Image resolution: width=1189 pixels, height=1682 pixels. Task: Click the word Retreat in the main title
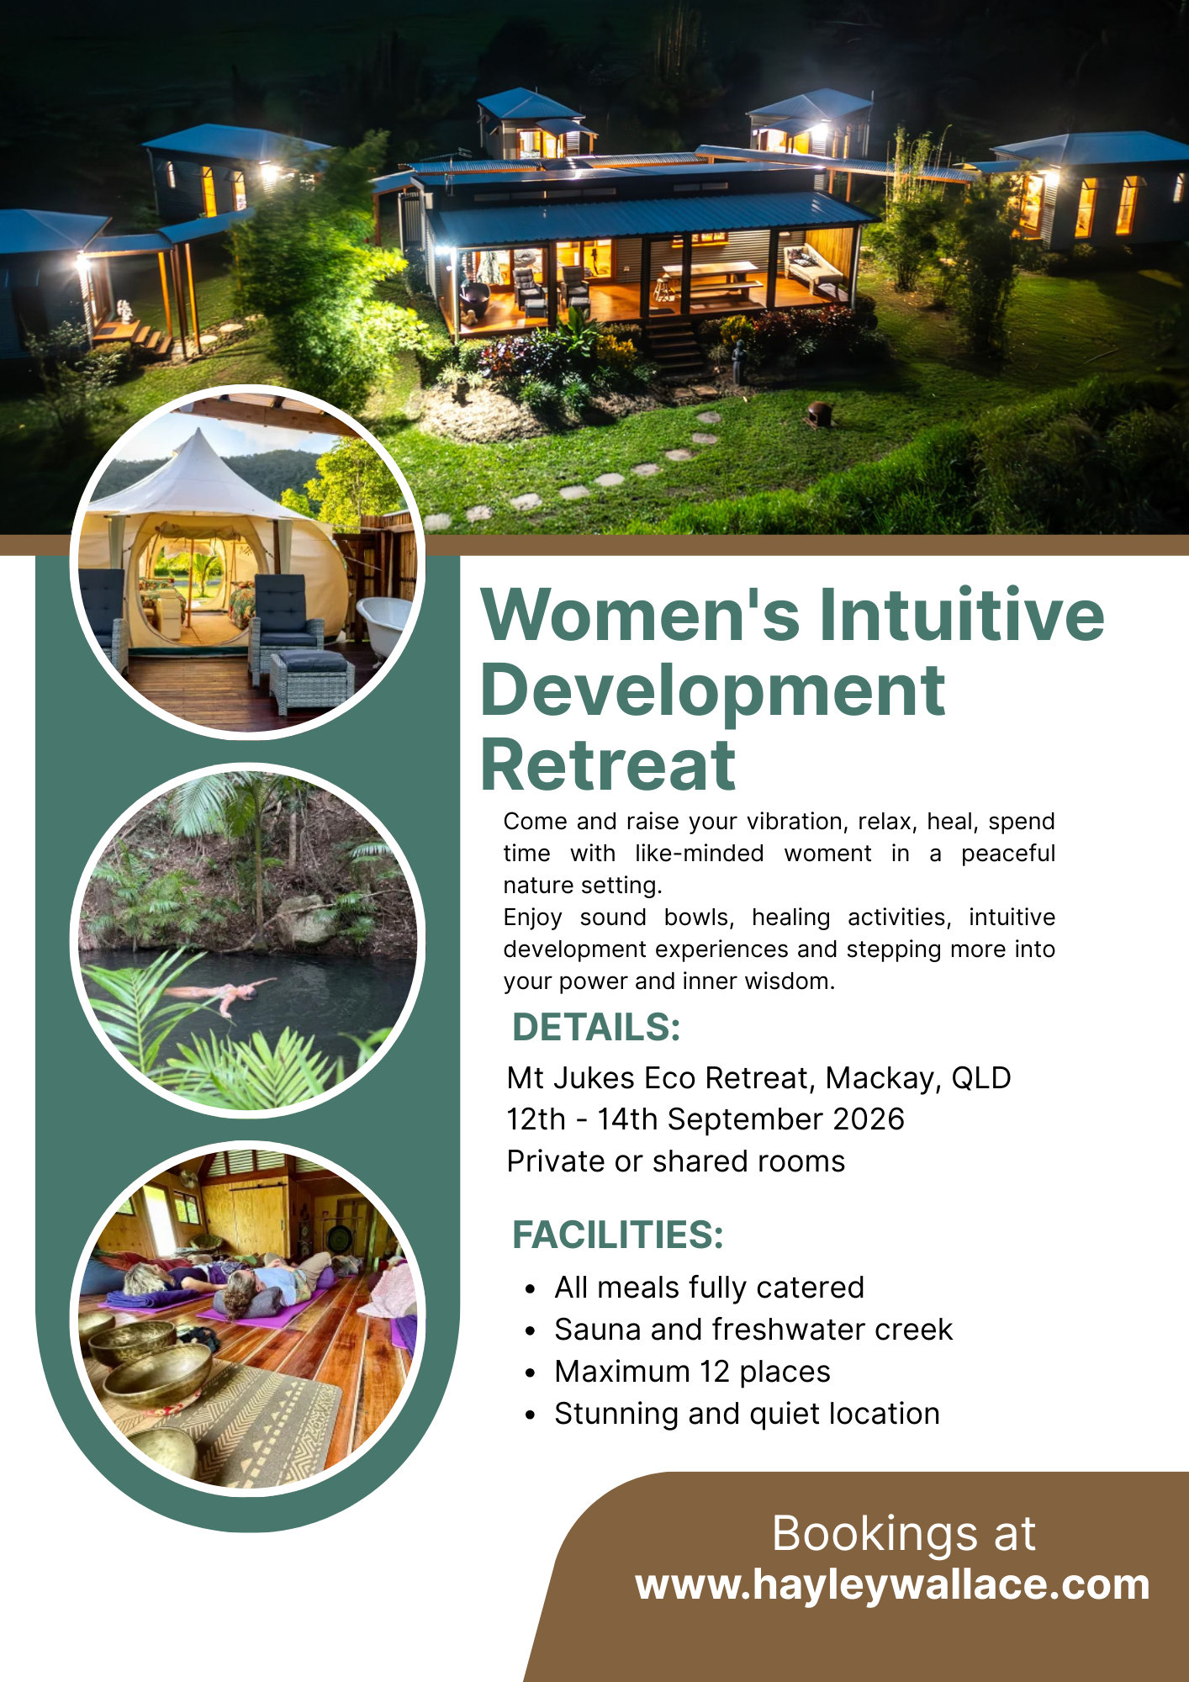pos(608,765)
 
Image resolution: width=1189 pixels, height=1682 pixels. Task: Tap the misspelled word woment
pos(827,854)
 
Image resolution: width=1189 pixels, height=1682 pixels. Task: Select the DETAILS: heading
pos(595,1028)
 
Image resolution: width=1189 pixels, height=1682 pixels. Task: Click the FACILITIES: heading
pos(617,1235)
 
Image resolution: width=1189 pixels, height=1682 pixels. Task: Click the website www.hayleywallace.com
pos(892,1584)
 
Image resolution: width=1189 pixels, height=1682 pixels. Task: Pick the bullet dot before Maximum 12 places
pos(530,1373)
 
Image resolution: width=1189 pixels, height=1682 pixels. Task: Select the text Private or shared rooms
pos(675,1161)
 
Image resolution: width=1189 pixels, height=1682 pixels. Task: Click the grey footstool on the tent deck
pos(311,677)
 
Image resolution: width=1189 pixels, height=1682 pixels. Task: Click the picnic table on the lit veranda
pos(711,278)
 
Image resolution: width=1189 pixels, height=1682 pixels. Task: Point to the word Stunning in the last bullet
pos(616,1415)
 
